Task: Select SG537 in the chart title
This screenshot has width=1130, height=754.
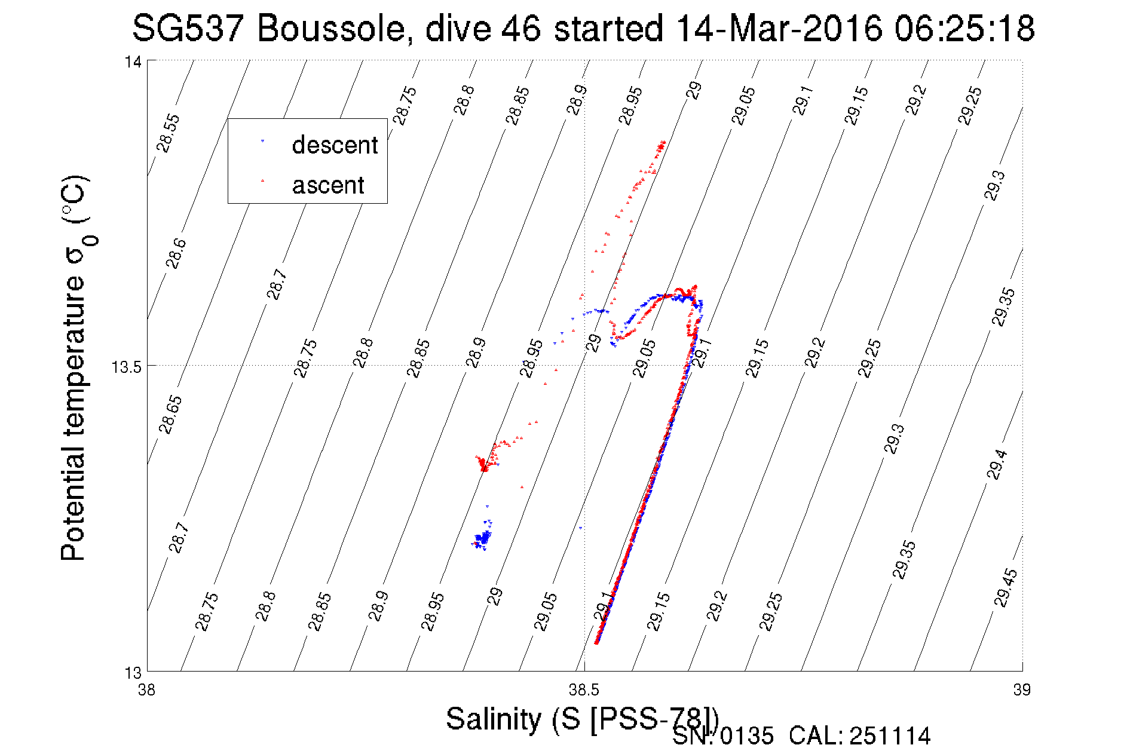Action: click(x=187, y=29)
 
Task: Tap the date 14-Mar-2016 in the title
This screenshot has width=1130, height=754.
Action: click(x=779, y=29)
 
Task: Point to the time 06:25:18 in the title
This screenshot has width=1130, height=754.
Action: click(x=964, y=29)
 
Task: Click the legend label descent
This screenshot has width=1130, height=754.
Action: click(x=335, y=145)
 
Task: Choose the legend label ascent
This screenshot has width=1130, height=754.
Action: click(x=328, y=185)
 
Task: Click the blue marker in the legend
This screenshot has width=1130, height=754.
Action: click(x=262, y=141)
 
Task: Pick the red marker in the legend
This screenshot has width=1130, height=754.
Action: click(x=262, y=180)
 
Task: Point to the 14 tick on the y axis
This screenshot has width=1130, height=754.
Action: click(x=133, y=61)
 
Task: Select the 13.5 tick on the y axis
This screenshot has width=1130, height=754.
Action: click(x=127, y=366)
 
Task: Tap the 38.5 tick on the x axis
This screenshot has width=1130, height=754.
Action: click(x=584, y=691)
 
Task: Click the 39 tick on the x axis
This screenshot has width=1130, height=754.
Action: click(x=1022, y=691)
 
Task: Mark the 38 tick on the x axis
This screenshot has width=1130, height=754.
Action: click(x=146, y=691)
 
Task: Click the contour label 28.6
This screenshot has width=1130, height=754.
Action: click(x=176, y=253)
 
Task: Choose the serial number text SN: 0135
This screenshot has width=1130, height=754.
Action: click(x=723, y=736)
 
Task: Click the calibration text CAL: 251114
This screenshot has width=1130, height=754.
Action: click(x=859, y=736)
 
